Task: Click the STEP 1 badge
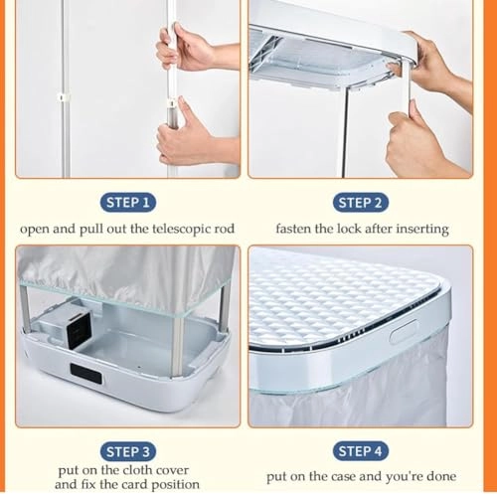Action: click(126, 203)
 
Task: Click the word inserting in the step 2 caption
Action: click(419, 230)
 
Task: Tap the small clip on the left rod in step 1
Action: click(64, 96)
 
